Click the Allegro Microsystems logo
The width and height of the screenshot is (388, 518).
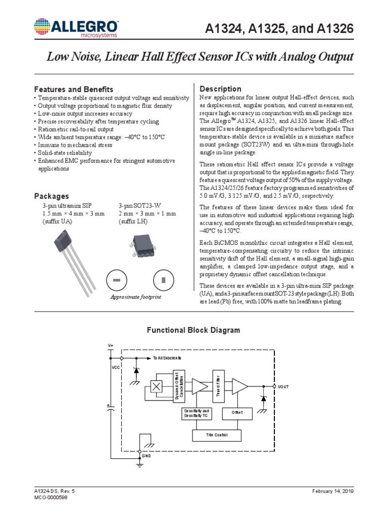click(75, 28)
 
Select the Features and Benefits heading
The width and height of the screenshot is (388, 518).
click(73, 89)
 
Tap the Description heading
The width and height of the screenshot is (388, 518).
click(221, 89)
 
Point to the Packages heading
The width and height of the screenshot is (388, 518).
click(51, 196)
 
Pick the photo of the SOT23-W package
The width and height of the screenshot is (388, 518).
click(146, 242)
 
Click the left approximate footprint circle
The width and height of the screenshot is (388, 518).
click(116, 280)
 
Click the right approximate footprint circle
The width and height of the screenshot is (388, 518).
click(163, 280)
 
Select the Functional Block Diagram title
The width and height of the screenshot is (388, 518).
click(193, 330)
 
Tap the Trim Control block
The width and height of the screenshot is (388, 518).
click(217, 435)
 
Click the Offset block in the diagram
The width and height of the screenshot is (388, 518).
click(237, 412)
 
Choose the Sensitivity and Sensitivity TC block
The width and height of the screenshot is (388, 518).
click(197, 413)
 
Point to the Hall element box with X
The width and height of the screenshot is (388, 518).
click(158, 386)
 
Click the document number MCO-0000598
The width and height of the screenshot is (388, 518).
click(51, 498)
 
